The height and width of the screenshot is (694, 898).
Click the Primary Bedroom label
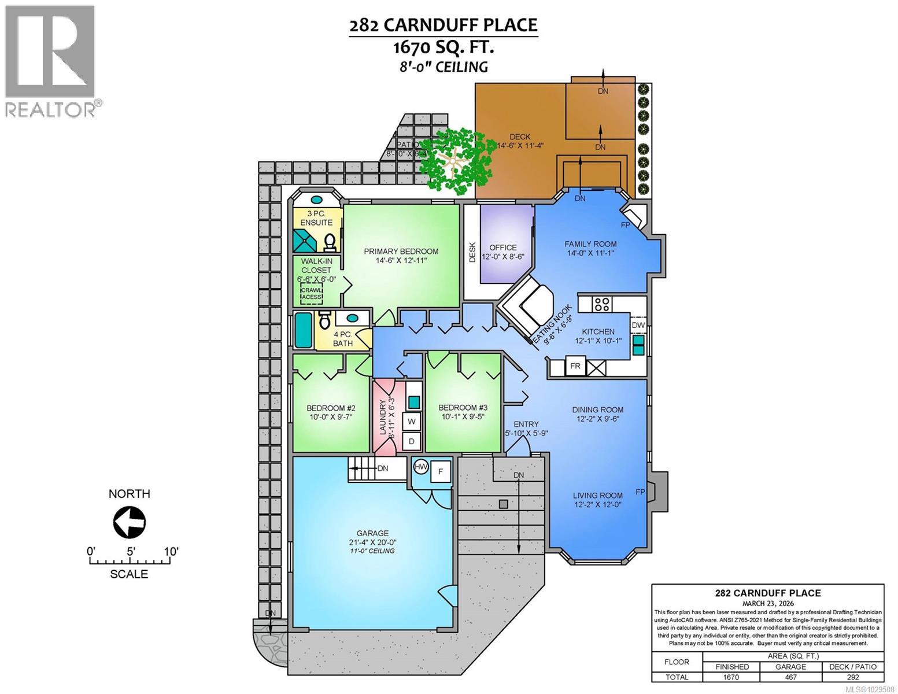tap(401, 251)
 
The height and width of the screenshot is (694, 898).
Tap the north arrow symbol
tap(129, 522)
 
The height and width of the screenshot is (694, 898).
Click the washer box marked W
tap(412, 422)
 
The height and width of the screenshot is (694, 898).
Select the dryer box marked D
tap(412, 441)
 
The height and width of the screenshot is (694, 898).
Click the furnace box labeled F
tap(441, 471)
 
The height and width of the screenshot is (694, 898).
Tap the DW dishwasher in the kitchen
tap(638, 326)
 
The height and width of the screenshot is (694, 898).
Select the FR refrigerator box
tap(575, 367)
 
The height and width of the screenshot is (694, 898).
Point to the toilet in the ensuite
tap(330, 242)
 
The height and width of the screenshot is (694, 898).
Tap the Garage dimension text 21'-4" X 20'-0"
tap(372, 542)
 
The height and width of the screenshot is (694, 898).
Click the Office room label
tap(502, 248)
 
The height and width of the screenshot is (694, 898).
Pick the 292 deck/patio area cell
tap(853, 677)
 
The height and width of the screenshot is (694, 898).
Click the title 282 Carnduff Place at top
tap(443, 25)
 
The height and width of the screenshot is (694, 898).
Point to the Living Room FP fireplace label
tap(640, 492)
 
